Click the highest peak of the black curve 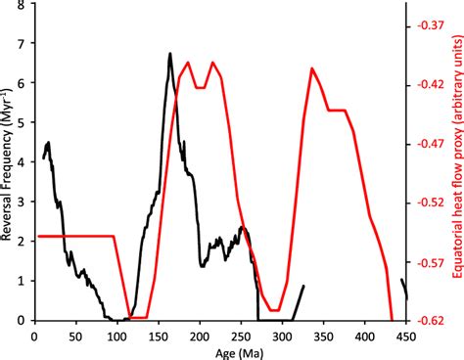169,54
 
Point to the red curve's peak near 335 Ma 311,68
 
